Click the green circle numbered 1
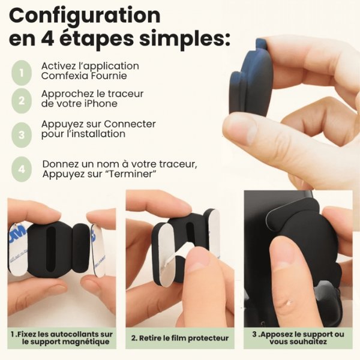pyautogui.click(x=22, y=73)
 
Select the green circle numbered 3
pyautogui.click(x=22, y=134)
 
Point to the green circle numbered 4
pyautogui.click(x=22, y=169)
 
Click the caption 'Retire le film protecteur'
pyautogui.click(x=180, y=338)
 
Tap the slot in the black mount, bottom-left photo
pyautogui.click(x=50, y=247)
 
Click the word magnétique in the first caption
pyautogui.click(x=88, y=342)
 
